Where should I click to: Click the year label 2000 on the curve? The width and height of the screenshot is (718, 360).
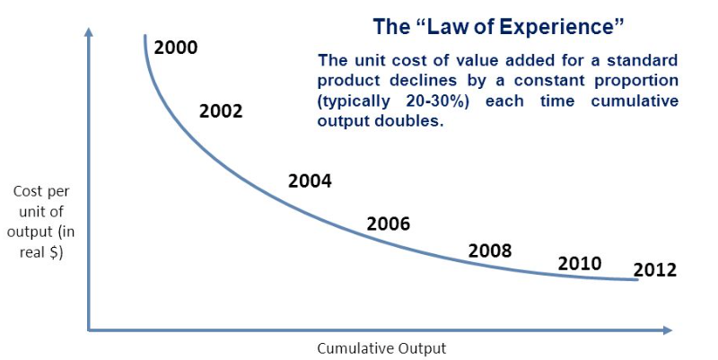coord(176,48)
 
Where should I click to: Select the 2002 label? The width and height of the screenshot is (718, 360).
coord(221,111)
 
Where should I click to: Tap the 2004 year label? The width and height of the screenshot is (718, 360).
coord(310,181)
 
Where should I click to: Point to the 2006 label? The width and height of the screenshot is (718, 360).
coord(388,224)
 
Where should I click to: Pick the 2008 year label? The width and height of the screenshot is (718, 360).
coord(490,250)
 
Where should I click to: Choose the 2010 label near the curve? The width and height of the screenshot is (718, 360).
coord(580,264)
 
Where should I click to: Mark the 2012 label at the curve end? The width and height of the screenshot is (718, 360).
coord(654,270)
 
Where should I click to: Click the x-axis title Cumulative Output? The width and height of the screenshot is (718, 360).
coord(381,348)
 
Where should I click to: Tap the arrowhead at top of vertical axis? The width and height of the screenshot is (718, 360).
coord(88,32)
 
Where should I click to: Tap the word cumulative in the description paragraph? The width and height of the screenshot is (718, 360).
coord(634,101)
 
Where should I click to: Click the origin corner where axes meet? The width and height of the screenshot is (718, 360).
coord(88,330)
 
